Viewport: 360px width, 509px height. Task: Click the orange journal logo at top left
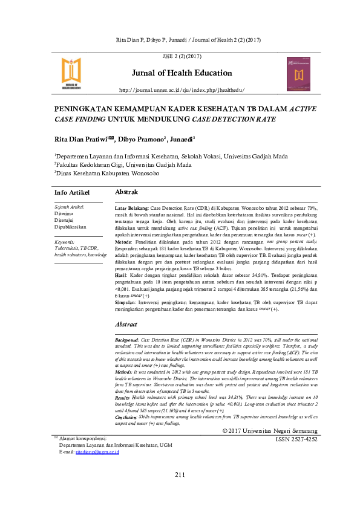pyautogui.click(x=71, y=74)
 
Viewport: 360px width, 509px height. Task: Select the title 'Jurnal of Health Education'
pyautogui.click(x=182, y=73)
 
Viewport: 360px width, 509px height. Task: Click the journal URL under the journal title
pyautogui.click(x=182, y=90)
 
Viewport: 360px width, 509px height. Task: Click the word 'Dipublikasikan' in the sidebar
pyautogui.click(x=71, y=227)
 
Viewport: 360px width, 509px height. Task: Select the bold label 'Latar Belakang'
pyautogui.click(x=131, y=207)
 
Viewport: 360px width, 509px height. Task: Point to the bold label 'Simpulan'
pyautogui.click(x=127, y=300)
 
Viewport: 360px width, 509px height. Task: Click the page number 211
pyautogui.click(x=180, y=490)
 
